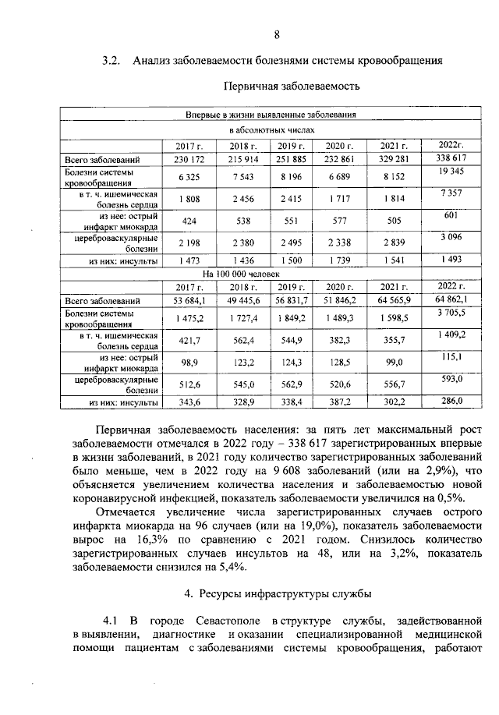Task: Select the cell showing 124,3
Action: click(292, 363)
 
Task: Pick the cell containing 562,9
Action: click(292, 384)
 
